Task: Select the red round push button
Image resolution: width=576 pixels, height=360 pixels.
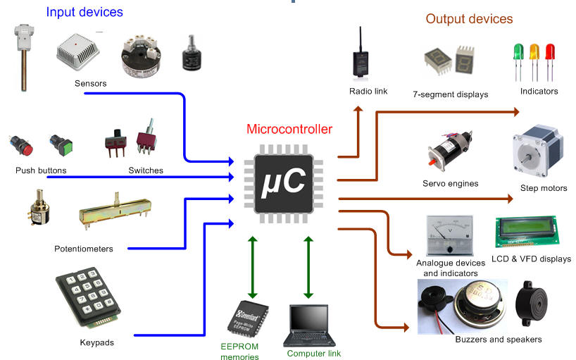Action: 21,146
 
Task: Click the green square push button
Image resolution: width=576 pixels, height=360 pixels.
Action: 58,146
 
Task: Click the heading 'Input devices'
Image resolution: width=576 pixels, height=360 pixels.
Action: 84,12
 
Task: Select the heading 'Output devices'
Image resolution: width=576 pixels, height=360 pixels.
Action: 469,19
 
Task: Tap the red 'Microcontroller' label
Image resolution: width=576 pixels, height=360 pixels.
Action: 289,129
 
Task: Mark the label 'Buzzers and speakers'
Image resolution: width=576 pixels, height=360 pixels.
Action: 499,340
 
